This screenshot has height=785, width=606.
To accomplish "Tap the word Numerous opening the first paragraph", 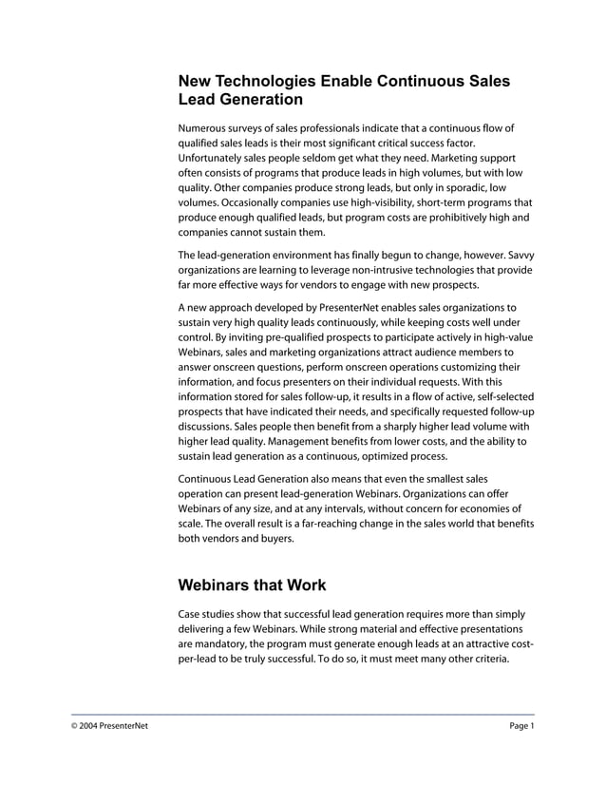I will point(206,128).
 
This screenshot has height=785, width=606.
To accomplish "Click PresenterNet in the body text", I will point(343,308).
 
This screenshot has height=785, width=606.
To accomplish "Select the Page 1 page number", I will point(521,727).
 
